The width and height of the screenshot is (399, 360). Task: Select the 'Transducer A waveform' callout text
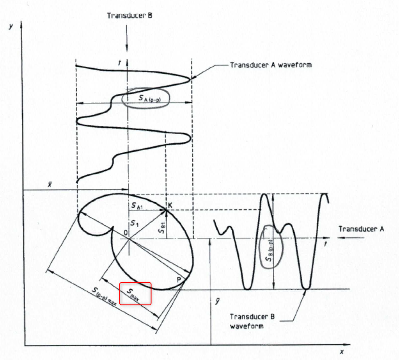(271, 65)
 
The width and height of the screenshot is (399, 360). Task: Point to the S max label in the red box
(135, 293)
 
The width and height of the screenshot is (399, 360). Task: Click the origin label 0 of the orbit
(124, 233)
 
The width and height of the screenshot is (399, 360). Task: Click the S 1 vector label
(134, 224)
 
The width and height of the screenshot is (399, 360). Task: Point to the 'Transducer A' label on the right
(360, 229)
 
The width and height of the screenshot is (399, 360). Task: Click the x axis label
(342, 352)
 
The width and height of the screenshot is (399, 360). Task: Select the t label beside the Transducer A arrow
(325, 243)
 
